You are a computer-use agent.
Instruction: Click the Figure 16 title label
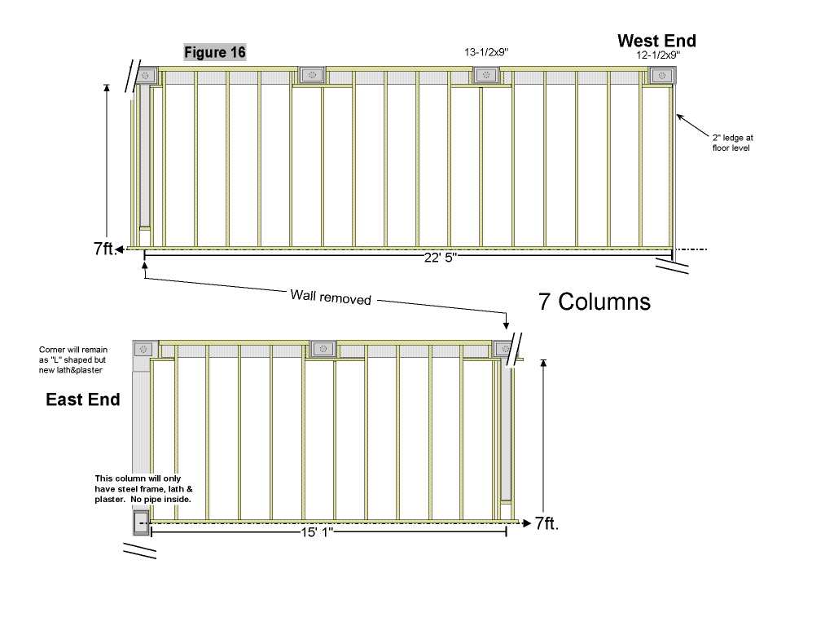point(215,52)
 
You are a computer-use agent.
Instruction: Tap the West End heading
point(656,41)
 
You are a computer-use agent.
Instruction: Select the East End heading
point(83,399)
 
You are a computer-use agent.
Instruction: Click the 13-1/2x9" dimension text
point(486,52)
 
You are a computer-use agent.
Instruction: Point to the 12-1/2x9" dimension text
point(658,56)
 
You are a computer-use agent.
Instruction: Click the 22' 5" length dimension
point(441,258)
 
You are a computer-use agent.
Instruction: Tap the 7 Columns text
point(595,302)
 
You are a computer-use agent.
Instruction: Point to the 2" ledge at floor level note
point(731,143)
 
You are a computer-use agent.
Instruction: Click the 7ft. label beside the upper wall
point(105,249)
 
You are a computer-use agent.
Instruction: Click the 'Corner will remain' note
point(73,359)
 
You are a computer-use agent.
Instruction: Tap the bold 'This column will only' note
point(143,488)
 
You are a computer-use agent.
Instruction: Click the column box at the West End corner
point(662,76)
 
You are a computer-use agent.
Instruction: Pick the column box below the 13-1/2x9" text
point(486,76)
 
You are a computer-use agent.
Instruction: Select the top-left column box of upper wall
point(146,76)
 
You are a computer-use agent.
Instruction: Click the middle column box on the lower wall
point(323,349)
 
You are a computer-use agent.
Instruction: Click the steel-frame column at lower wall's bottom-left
point(140,522)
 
